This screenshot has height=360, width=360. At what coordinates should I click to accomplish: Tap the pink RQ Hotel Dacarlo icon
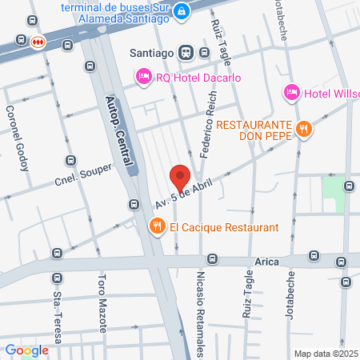pos(144,76)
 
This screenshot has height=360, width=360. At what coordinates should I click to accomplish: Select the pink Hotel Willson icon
pos(291,94)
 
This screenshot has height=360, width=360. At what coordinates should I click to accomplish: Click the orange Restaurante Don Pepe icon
pos(303,127)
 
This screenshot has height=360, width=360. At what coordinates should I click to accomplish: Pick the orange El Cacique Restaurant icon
pos(157,227)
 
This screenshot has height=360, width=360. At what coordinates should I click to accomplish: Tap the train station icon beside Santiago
pos(186,53)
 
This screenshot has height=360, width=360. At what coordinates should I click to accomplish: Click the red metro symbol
pos(38,42)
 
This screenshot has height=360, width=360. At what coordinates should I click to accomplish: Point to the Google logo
pos(26,350)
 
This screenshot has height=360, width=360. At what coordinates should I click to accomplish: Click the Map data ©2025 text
pos(326,354)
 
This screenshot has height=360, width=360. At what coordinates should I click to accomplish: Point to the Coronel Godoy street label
pos(17,139)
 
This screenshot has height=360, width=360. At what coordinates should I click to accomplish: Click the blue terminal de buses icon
pos(182,10)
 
